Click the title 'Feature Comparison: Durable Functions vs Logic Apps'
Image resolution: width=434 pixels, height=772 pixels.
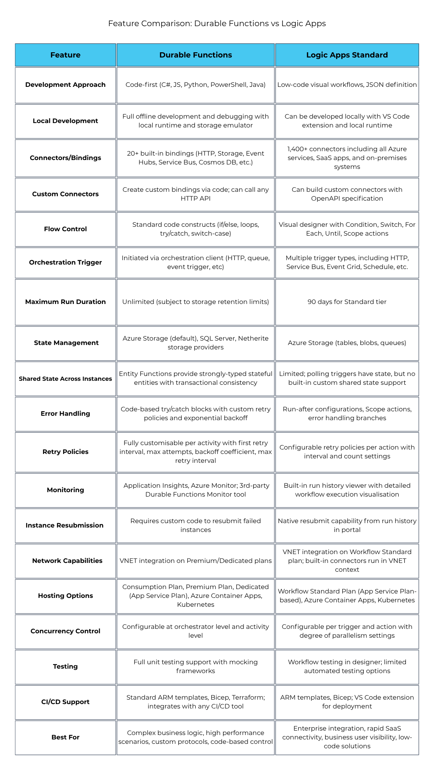point(217,23)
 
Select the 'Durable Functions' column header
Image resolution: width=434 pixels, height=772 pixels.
point(196,55)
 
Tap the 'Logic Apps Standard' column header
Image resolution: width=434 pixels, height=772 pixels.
point(347,55)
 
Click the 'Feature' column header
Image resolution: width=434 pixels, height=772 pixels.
point(66,55)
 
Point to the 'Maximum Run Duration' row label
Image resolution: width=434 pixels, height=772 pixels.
point(66,302)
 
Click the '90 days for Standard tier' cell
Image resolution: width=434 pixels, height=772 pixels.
point(347,302)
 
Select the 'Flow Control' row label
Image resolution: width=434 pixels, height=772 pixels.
point(66,229)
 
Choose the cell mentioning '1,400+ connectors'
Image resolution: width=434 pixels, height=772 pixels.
point(347,158)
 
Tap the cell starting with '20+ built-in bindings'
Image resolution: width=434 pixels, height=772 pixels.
point(196,158)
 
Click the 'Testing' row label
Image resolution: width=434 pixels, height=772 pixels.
point(66,666)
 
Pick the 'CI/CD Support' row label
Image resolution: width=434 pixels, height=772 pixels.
point(66,702)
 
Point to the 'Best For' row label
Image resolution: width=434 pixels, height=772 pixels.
point(66,737)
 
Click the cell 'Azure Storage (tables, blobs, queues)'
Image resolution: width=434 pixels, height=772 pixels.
point(347,343)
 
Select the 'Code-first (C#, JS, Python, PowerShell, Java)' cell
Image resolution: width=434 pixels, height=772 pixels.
point(196,84)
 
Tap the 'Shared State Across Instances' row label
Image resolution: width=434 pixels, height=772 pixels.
point(66,379)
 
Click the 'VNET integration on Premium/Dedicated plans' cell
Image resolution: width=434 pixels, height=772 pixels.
point(196,561)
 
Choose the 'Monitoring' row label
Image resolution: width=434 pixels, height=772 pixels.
point(66,490)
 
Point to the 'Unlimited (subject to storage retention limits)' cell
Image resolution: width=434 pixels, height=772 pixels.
point(196,302)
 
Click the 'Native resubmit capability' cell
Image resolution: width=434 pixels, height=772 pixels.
point(347,525)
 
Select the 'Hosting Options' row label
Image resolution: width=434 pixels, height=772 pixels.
point(66,595)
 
